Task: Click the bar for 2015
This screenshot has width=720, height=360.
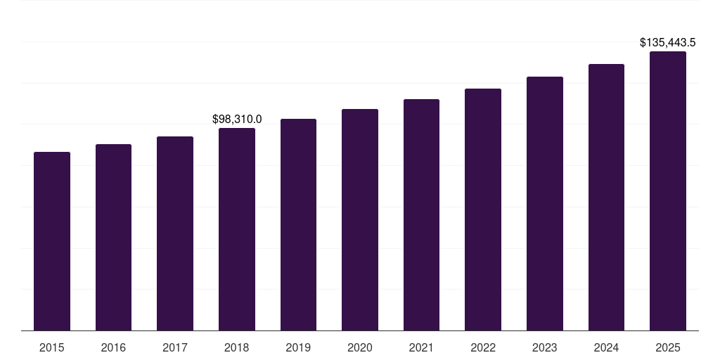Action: tap(52, 241)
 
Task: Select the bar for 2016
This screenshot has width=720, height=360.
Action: tap(113, 237)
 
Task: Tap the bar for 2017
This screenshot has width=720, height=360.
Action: tap(175, 233)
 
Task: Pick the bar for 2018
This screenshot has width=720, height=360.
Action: tap(237, 229)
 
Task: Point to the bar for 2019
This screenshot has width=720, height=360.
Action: tap(298, 224)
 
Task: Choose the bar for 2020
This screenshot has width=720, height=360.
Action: tap(360, 219)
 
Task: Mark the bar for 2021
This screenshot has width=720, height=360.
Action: tap(421, 214)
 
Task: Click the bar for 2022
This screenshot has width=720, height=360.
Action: tap(483, 210)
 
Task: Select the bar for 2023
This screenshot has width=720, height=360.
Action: tap(545, 203)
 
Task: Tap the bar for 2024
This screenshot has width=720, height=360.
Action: tap(606, 197)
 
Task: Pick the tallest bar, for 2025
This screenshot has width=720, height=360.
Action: tap(668, 191)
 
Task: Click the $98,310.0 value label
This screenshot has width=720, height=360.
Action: tap(237, 120)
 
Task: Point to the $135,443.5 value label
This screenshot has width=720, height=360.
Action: tap(667, 43)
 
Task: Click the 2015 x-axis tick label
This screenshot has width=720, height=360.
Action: tap(52, 347)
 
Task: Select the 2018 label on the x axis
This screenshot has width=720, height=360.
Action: tap(237, 347)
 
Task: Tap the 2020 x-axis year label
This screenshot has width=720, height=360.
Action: tap(360, 347)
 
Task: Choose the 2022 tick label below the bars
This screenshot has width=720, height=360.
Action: tap(483, 347)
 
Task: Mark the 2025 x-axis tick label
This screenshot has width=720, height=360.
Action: tap(668, 347)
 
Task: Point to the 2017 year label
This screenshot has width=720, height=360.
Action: tap(175, 347)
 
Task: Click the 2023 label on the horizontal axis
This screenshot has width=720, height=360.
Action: tap(545, 347)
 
